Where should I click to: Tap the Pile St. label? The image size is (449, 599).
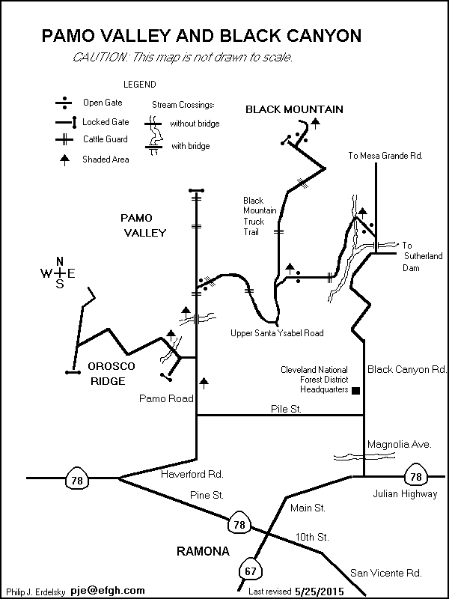[x=285, y=408]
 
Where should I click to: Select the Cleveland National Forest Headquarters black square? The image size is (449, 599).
[x=355, y=390]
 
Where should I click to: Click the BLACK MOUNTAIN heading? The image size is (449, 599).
[x=294, y=109]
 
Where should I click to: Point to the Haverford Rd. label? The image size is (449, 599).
[x=192, y=474]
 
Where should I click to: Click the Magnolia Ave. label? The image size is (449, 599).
[x=399, y=444]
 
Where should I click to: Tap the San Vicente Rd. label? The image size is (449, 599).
[x=386, y=573]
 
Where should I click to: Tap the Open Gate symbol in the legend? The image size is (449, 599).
[x=65, y=103]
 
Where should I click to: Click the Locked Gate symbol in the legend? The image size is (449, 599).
[x=65, y=121]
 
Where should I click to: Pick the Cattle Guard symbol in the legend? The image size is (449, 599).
[x=65, y=139]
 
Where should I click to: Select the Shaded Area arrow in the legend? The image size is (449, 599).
[x=65, y=159]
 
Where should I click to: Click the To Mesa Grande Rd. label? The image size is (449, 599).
[x=386, y=156]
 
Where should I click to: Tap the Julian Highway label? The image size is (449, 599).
[x=405, y=494]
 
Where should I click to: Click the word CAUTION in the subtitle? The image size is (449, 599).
[x=98, y=58]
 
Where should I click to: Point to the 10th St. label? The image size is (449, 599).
[x=311, y=537]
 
